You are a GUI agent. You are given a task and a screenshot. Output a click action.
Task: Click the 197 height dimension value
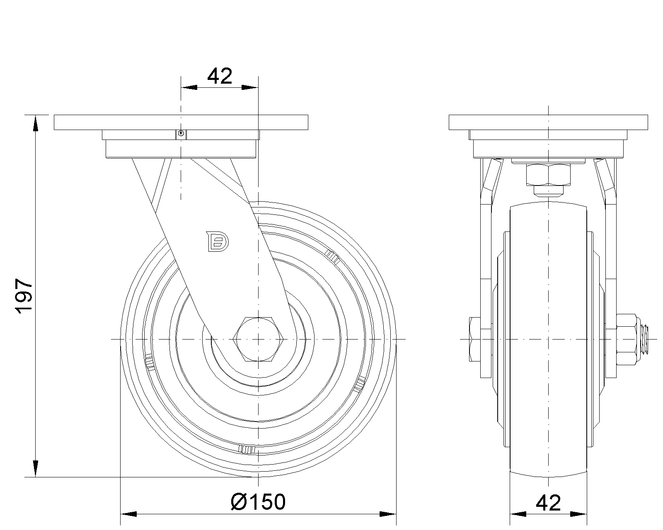coord(24,296)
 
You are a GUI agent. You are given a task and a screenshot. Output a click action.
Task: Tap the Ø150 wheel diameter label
coord(258,502)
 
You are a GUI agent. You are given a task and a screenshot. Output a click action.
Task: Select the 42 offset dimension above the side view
coord(220,76)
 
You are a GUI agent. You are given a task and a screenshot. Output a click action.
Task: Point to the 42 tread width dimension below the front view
coord(548,503)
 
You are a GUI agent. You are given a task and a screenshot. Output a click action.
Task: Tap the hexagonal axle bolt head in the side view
coord(258,339)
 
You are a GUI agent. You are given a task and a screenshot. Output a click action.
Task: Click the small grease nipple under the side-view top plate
coord(181,134)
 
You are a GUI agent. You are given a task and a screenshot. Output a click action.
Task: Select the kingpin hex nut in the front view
coord(548,175)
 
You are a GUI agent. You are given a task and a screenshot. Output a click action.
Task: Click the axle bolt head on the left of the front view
coord(475,339)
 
